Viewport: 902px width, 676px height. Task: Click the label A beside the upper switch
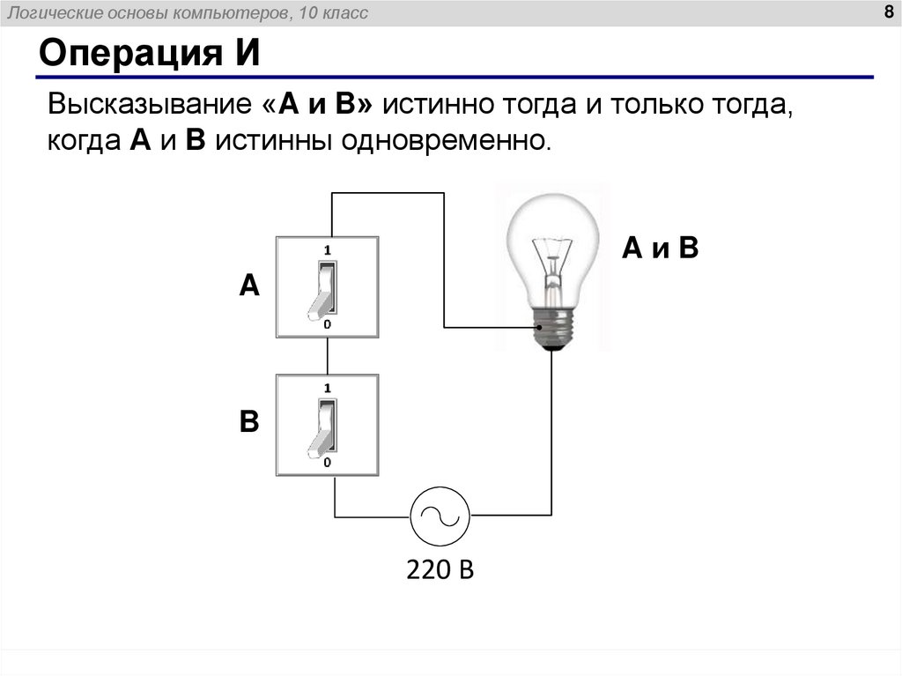pos(249,286)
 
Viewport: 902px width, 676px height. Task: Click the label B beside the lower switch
pos(249,422)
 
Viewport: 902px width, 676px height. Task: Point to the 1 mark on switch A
pos(327,249)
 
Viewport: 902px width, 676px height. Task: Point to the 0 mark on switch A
pos(327,324)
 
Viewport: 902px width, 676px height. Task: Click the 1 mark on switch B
pos(327,388)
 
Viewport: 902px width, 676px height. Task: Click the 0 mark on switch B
pos(327,463)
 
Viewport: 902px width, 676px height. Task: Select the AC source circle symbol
pos(440,515)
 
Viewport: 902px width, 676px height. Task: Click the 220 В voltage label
pos(440,569)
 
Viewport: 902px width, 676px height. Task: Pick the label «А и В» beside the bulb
pos(660,249)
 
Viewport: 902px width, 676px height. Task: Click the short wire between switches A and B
pos(328,355)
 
